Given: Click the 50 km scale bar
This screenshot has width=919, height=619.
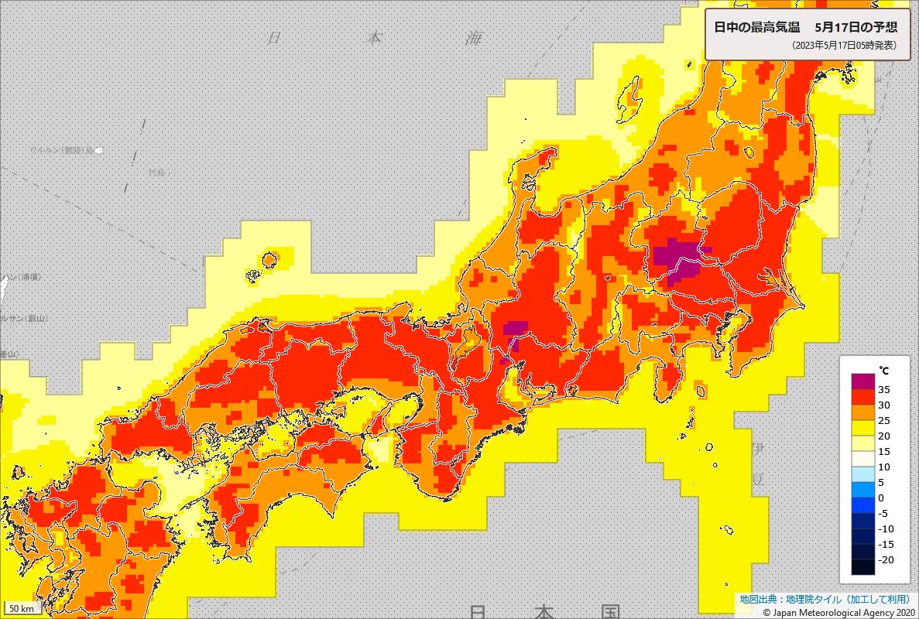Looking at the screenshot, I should tap(22, 608).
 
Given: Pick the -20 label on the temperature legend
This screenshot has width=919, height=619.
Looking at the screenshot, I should tap(888, 559).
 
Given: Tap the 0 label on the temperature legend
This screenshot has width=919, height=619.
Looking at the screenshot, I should tap(883, 498).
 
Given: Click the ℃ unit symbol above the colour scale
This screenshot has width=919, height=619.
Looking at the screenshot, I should tap(882, 369).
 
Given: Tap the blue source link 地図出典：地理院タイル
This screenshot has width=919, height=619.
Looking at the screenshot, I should tap(789, 599).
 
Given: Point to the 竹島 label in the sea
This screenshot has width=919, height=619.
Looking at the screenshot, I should tap(157, 172).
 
